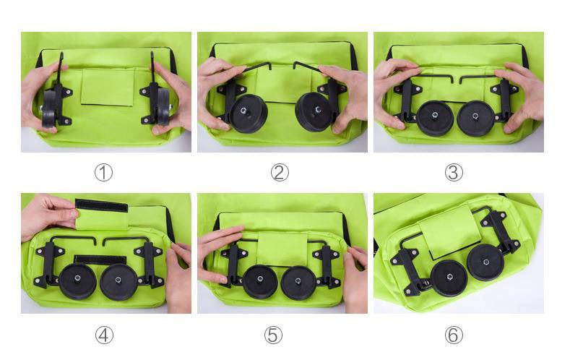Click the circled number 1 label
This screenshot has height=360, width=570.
pyautogui.click(x=103, y=173)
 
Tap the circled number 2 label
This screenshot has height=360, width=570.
pyautogui.click(x=280, y=173)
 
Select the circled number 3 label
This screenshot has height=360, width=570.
pyautogui.click(x=454, y=173)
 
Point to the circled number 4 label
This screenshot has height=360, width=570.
pyautogui.click(x=104, y=335)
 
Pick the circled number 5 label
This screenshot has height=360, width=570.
pyautogui.click(x=273, y=335)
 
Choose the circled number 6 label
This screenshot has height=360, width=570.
pyautogui.click(x=454, y=335)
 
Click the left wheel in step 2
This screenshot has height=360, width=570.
pyautogui.click(x=249, y=113)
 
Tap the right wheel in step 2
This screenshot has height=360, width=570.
pyautogui.click(x=314, y=112)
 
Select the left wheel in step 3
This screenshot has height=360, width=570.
pyautogui.click(x=435, y=119)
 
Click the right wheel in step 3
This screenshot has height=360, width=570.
pyautogui.click(x=475, y=119)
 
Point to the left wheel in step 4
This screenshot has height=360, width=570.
pyautogui.click(x=77, y=281)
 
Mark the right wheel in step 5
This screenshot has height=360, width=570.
pyautogui.click(x=298, y=283)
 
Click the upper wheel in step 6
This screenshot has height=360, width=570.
pyautogui.click(x=485, y=262)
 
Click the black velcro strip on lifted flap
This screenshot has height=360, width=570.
pyautogui.click(x=101, y=205)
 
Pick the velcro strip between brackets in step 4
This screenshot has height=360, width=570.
pyautogui.click(x=100, y=260)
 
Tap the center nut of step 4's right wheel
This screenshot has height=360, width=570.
pyautogui.click(x=118, y=280)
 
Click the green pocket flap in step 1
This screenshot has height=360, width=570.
pyautogui.click(x=108, y=87)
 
